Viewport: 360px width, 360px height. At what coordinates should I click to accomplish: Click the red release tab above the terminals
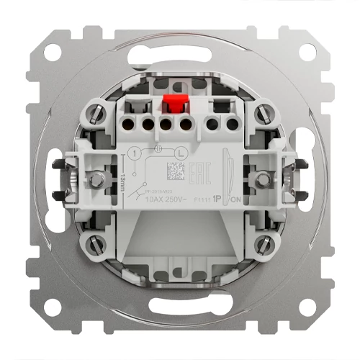pos(174,106)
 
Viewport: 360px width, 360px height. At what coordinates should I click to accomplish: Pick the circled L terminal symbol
pos(181,153)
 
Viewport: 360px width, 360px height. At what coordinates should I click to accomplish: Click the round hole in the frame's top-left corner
pos(51,53)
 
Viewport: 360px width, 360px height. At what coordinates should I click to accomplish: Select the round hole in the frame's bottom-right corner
pos(307,309)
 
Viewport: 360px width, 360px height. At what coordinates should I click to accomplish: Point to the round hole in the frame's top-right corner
pos(307,53)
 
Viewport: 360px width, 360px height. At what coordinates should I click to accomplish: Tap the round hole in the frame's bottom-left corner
pos(51,309)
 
